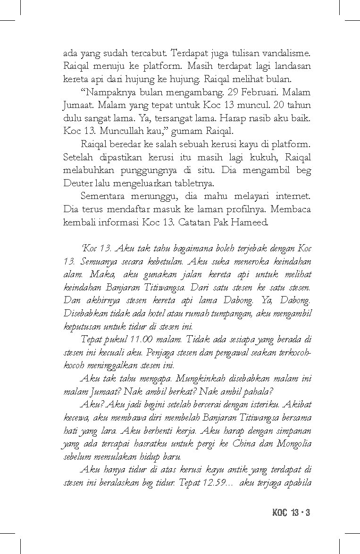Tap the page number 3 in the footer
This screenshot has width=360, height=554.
click(307, 513)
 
